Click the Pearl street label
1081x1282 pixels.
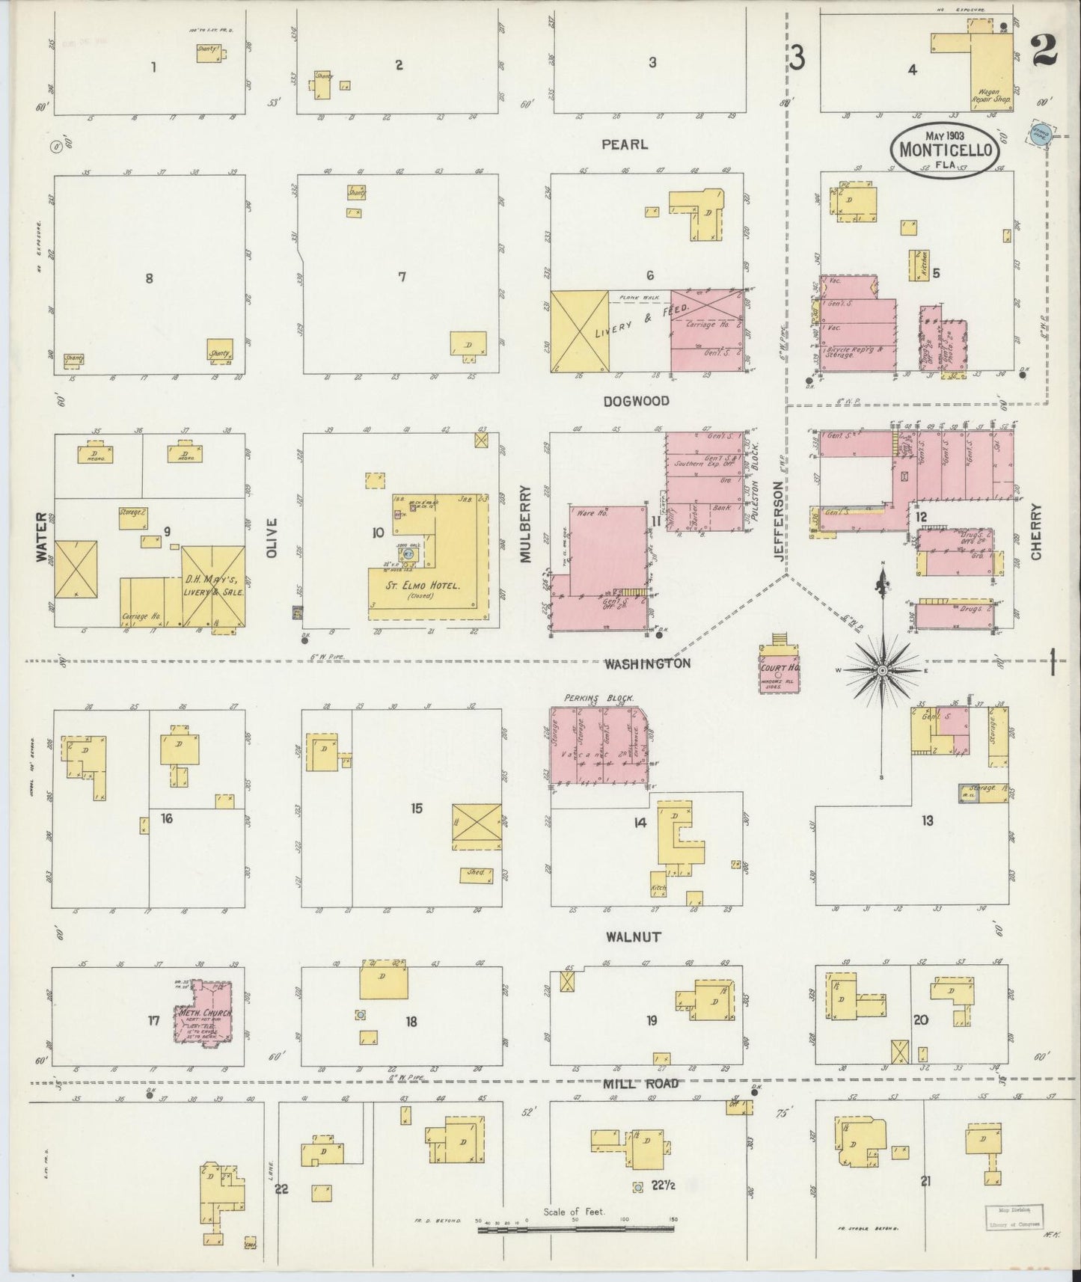(x=624, y=144)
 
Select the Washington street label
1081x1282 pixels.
(x=647, y=663)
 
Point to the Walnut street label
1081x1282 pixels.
(x=634, y=936)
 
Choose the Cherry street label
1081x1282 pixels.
(x=1036, y=532)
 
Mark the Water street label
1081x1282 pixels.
(x=41, y=536)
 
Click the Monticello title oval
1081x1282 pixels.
(x=946, y=149)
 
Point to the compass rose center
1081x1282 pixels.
(x=883, y=670)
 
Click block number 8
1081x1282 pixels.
(x=150, y=278)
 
